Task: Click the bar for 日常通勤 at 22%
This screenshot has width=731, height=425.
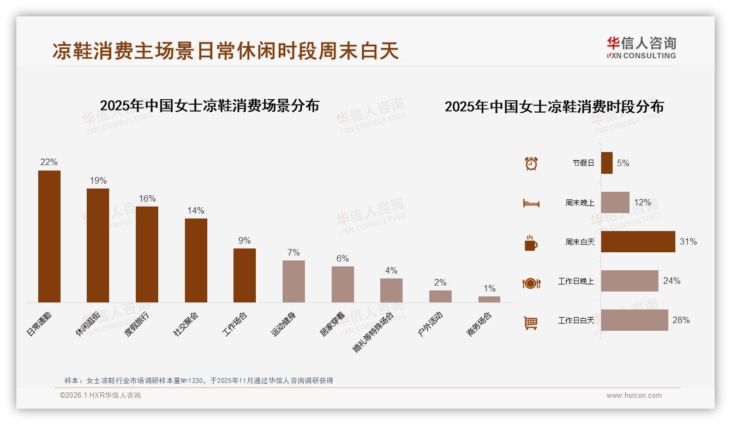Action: (49, 236)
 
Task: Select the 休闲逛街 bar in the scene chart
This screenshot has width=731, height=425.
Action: (98, 245)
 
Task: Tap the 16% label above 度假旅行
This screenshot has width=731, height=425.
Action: (147, 198)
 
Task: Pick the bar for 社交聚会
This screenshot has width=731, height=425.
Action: (196, 260)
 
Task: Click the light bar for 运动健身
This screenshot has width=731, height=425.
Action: (293, 281)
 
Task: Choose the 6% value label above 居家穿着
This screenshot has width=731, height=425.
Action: (343, 258)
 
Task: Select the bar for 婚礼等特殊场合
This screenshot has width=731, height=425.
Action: (391, 290)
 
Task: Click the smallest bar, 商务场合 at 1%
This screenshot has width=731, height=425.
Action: (489, 299)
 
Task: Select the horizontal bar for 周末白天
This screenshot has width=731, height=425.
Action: (638, 241)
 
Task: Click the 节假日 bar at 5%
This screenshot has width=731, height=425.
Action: (607, 163)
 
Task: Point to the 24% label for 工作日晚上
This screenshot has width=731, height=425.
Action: (672, 281)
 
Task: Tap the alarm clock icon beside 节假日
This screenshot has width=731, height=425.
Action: (531, 163)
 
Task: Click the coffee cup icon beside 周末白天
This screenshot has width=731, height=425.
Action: (531, 243)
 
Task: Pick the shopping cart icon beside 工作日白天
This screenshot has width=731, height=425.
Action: (531, 323)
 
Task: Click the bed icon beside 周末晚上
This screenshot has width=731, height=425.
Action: (531, 203)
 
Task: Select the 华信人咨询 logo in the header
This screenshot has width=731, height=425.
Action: (641, 48)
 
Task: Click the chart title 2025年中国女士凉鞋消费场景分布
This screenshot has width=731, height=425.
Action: (209, 105)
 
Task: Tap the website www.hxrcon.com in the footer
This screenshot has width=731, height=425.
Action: (634, 396)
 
